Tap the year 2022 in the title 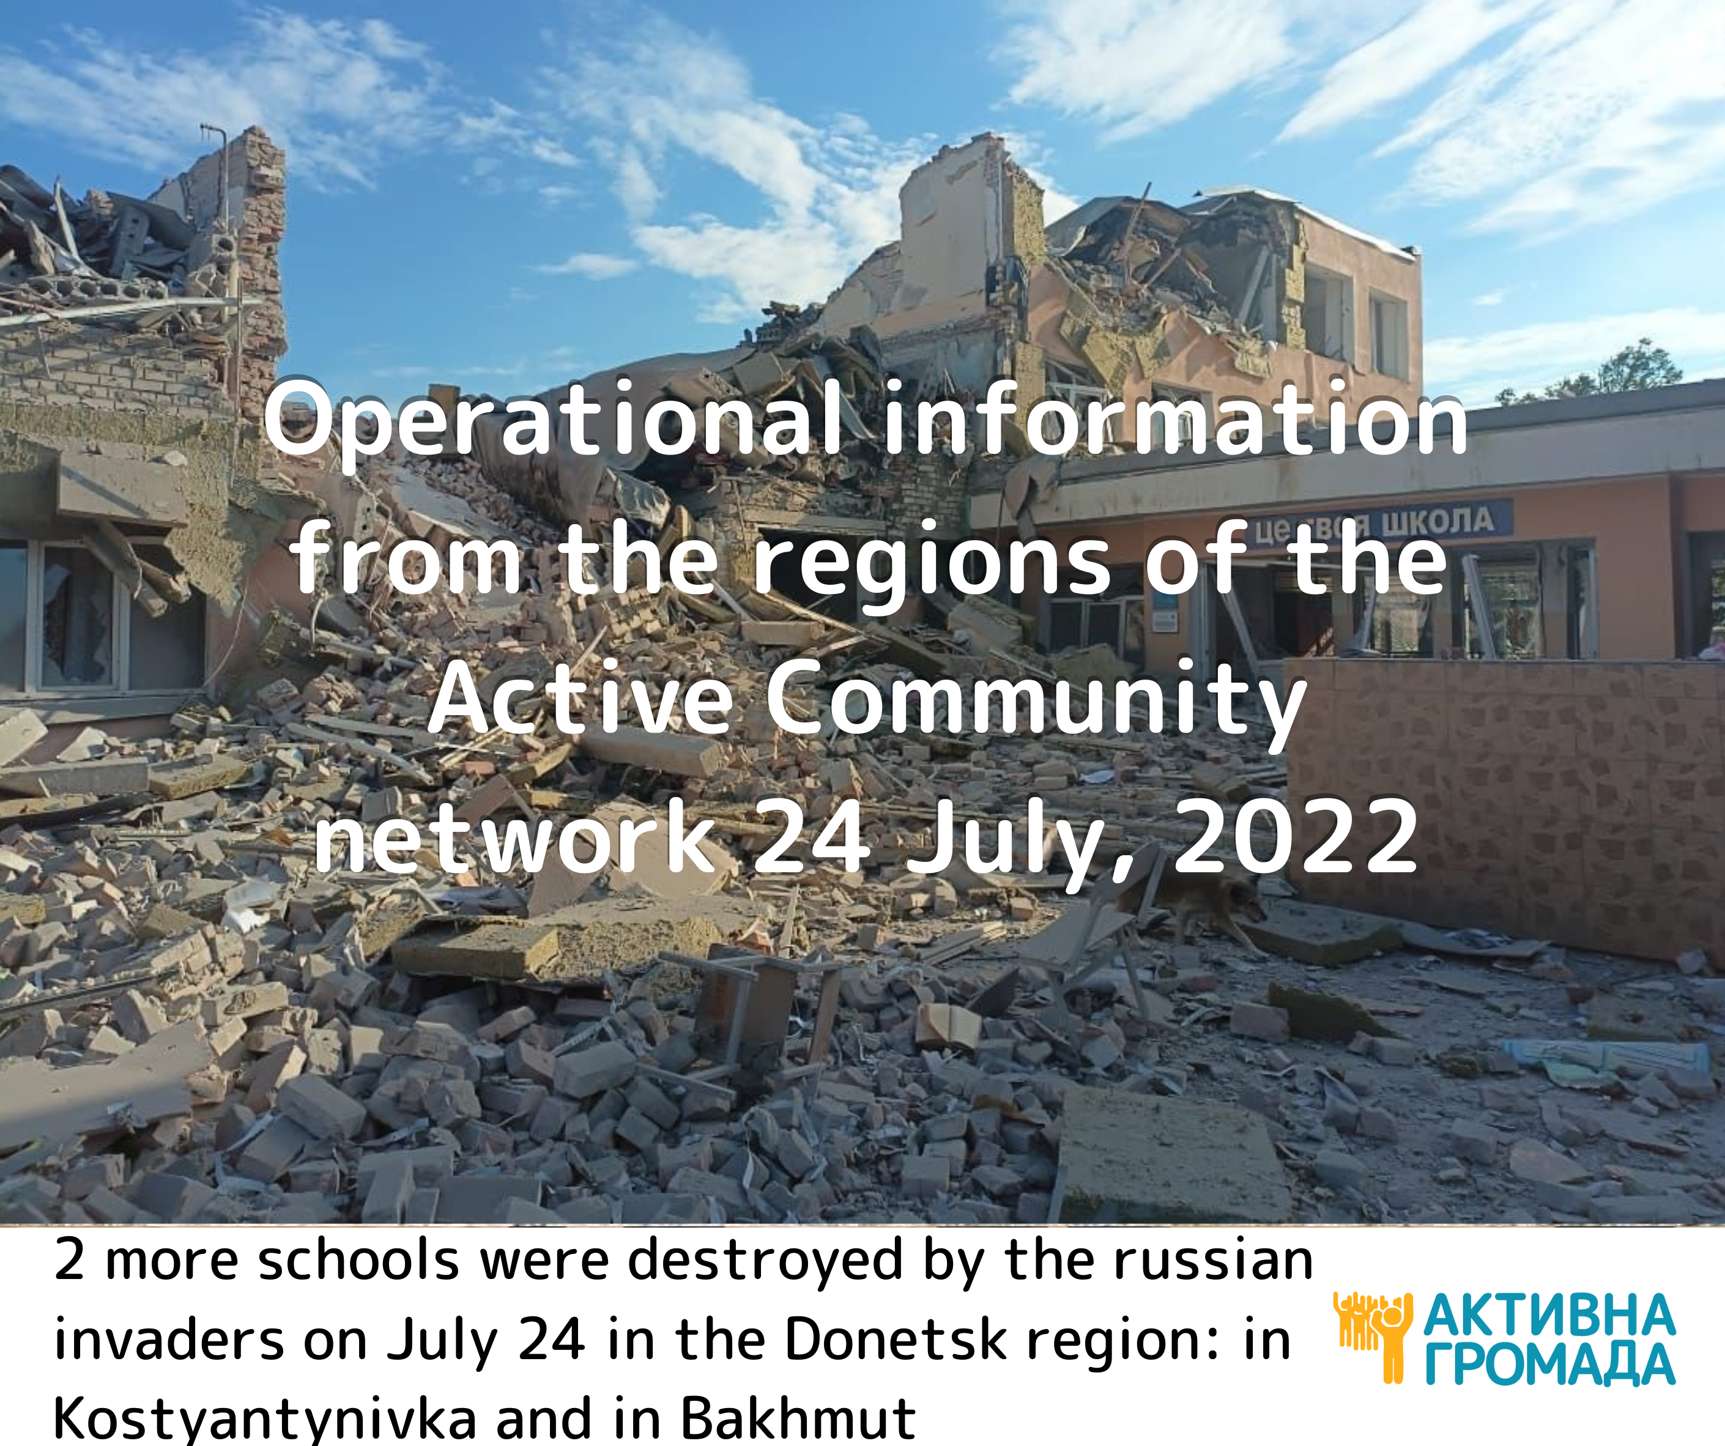click(x=1297, y=838)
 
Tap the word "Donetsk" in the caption click(x=896, y=1339)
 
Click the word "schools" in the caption click(x=358, y=1259)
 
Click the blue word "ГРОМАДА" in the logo click(x=1548, y=1365)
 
